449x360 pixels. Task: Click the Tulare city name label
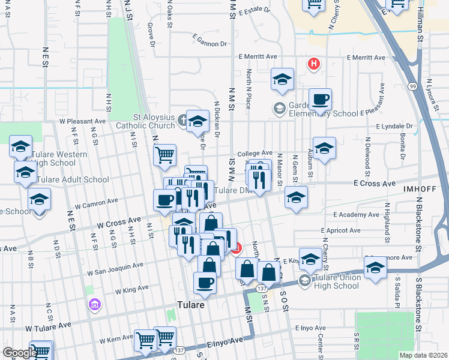pyautogui.click(x=190, y=305)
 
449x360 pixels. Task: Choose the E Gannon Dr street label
pyautogui.click(x=210, y=43)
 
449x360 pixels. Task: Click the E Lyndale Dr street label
pyautogui.click(x=394, y=127)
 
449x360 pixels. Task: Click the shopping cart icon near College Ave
pyautogui.click(x=164, y=155)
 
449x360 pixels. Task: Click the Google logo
pyautogui.click(x=19, y=353)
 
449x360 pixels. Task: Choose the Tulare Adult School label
pyautogui.click(x=73, y=179)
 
